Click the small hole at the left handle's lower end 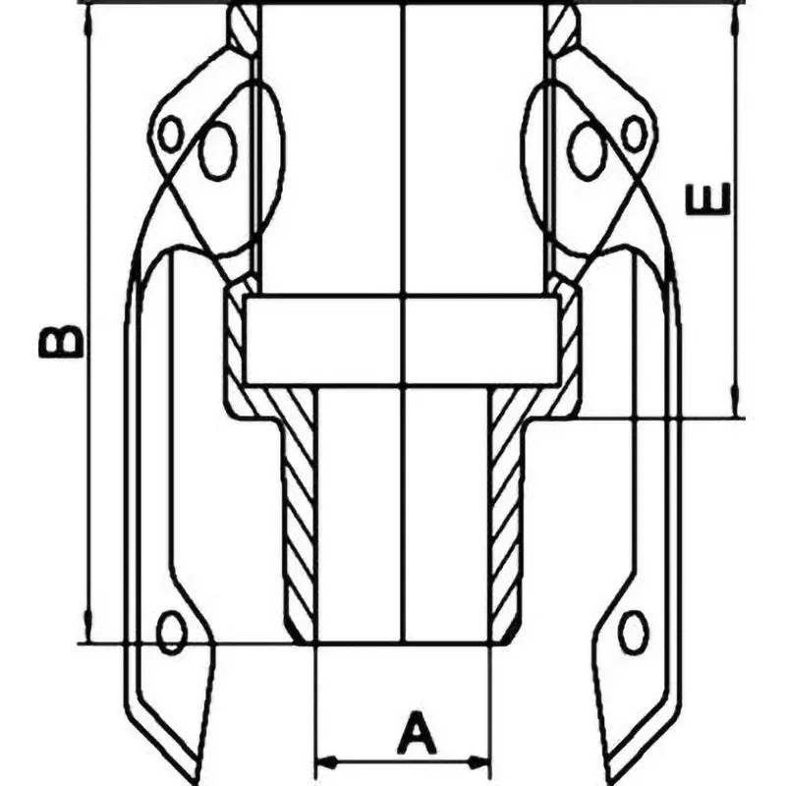click(x=173, y=632)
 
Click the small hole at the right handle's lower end click(x=634, y=632)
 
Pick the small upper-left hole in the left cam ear click(x=171, y=134)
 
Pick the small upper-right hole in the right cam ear click(x=635, y=134)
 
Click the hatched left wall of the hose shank click(x=297, y=511)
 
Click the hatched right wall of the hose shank click(x=505, y=511)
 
